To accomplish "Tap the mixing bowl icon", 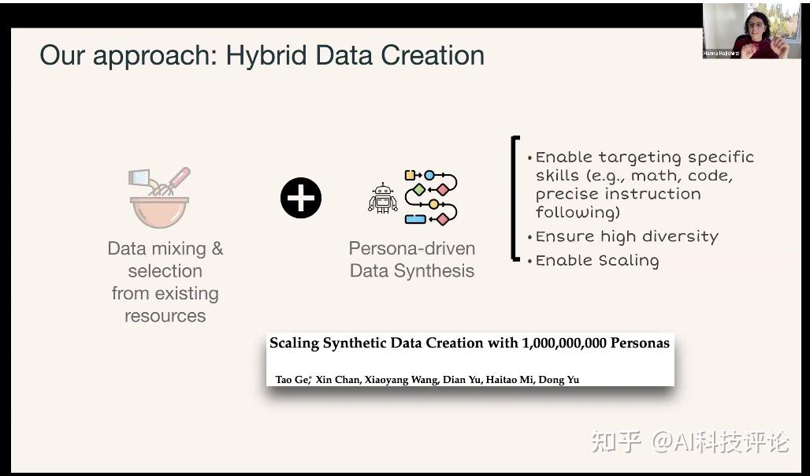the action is click(159, 198).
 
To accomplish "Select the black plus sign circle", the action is click(301, 198).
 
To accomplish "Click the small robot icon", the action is click(383, 198).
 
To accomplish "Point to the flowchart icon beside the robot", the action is click(431, 198).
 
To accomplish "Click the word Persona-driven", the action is click(412, 248).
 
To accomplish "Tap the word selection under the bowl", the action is click(165, 271).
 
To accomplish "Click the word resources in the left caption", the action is click(165, 316).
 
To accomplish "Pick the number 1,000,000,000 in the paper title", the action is click(565, 343).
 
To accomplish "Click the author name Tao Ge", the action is click(292, 379).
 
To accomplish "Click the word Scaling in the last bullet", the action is click(629, 261).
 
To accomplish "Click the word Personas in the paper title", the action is click(640, 343).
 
